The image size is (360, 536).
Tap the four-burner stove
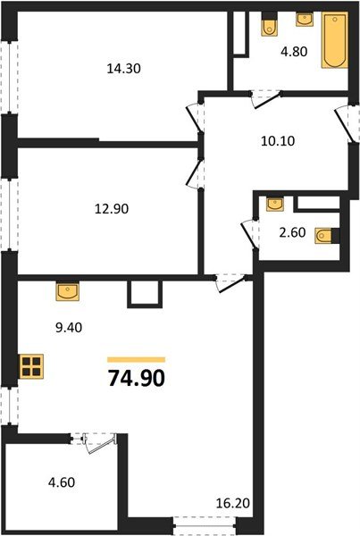coord(31,366)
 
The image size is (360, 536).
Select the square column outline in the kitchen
coord(142,294)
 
